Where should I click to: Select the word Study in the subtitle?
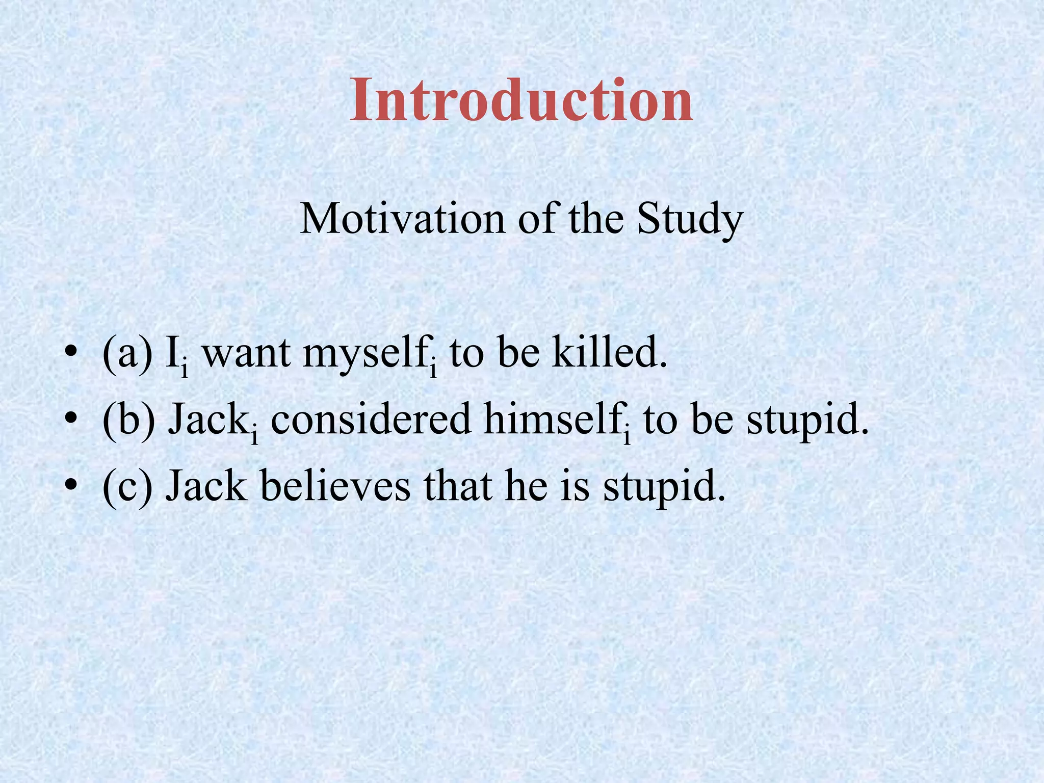(x=690, y=219)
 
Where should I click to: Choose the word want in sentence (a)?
(x=247, y=354)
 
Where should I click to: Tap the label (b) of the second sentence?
(x=128, y=420)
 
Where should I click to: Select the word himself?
(x=552, y=420)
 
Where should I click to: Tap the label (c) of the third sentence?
(x=127, y=486)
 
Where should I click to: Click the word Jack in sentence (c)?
(x=206, y=486)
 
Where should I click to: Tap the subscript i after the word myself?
(x=433, y=370)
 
